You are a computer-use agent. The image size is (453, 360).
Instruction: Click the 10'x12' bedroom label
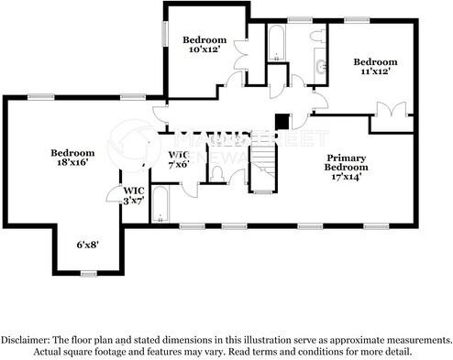click(x=204, y=44)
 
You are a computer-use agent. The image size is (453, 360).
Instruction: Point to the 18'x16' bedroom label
click(x=72, y=158)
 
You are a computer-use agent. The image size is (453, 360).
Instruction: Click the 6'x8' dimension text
click(x=87, y=245)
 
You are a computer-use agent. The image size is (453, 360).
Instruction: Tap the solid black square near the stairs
click(x=282, y=121)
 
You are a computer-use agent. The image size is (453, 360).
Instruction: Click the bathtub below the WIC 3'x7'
click(x=160, y=205)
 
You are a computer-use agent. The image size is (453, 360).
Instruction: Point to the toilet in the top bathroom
click(x=317, y=36)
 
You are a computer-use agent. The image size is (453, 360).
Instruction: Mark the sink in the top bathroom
click(x=320, y=66)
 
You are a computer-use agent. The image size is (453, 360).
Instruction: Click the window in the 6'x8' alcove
click(x=88, y=273)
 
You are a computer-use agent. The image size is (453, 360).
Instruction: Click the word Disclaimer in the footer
click(x=29, y=338)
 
